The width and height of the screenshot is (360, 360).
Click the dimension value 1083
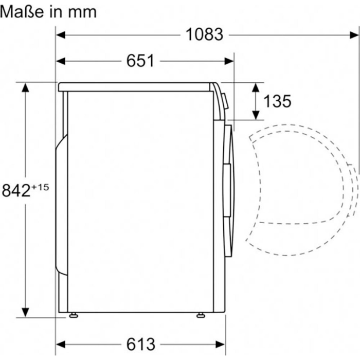204,34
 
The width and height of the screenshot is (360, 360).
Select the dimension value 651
140,61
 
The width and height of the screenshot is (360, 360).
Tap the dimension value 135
277,101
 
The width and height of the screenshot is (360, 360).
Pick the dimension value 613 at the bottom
140,343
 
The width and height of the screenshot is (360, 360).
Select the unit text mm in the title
82,11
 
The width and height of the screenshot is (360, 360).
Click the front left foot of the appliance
74,314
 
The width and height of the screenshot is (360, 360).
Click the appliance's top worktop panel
136,86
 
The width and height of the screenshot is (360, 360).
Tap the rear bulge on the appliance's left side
61,206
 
